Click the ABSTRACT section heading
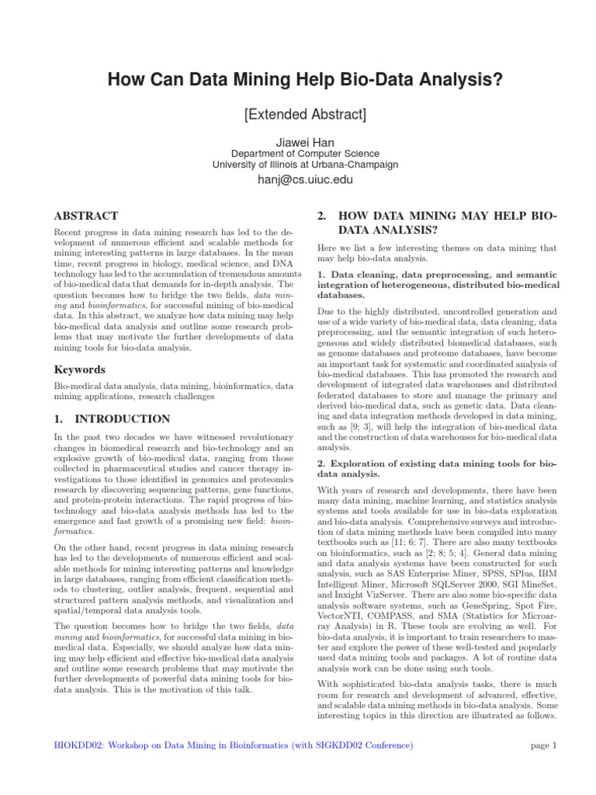click(x=85, y=216)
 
